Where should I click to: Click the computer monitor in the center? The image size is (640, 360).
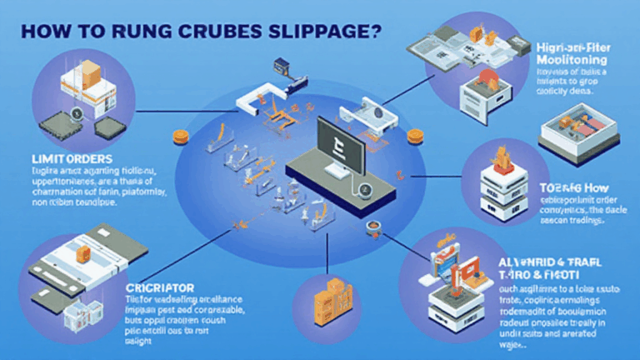pos(337,141)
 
